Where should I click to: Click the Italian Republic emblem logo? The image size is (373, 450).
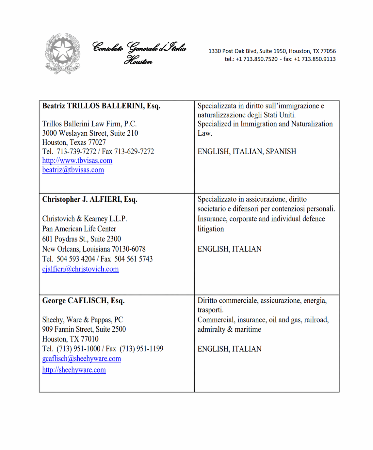(x=62, y=53)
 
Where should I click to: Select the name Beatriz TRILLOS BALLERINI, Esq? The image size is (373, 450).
(x=101, y=106)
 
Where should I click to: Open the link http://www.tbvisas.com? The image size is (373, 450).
(x=77, y=161)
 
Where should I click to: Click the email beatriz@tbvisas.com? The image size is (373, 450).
(x=73, y=170)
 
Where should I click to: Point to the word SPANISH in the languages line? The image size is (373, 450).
(x=281, y=152)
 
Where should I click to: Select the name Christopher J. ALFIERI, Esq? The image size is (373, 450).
(x=90, y=199)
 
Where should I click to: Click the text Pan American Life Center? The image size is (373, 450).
(x=79, y=229)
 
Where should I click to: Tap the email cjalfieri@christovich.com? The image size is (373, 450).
(x=80, y=269)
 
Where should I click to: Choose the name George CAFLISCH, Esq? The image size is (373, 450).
(x=83, y=301)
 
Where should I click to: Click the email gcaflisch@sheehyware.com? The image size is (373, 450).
(x=82, y=358)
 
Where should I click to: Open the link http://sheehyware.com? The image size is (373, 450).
(x=74, y=370)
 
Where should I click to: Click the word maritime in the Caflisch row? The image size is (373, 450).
(x=248, y=329)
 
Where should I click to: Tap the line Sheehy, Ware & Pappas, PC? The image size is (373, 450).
(x=82, y=320)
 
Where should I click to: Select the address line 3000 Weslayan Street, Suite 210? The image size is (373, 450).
(x=90, y=133)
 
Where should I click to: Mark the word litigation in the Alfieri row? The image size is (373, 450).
(x=211, y=229)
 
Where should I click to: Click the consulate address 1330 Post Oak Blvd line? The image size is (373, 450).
(x=272, y=51)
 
